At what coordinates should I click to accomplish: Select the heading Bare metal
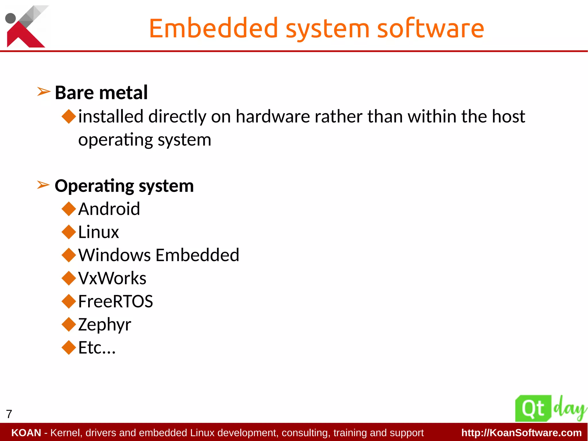point(101,93)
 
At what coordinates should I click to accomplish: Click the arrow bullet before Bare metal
point(44,92)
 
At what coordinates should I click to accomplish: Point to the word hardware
point(272,117)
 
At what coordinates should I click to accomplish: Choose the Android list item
point(109,209)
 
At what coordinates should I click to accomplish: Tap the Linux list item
point(98,232)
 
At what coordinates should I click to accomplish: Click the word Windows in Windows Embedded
point(114,255)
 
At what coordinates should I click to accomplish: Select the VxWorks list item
point(112,278)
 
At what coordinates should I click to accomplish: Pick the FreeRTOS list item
point(115,301)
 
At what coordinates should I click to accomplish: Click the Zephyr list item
point(105,325)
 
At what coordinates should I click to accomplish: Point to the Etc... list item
point(97,348)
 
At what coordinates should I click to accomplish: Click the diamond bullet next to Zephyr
point(69,324)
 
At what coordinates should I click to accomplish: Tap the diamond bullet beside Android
point(69,209)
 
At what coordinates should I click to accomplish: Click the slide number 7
point(9,414)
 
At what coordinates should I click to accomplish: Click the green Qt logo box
point(533,408)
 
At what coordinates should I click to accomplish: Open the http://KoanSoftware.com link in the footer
point(521,433)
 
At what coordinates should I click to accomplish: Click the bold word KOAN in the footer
point(26,433)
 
